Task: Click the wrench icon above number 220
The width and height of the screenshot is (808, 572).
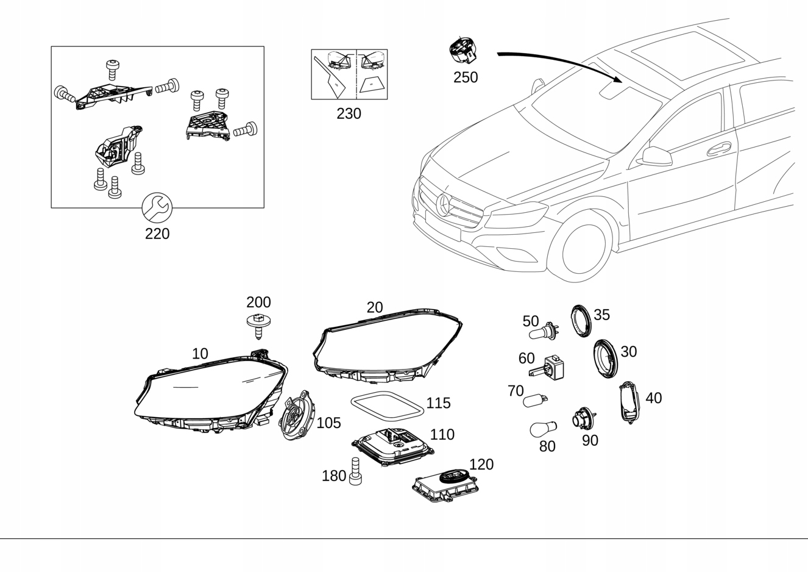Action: pyautogui.click(x=157, y=209)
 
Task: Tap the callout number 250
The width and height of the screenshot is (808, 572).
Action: pyautogui.click(x=466, y=77)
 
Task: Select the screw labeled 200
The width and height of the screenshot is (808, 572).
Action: pyautogui.click(x=259, y=323)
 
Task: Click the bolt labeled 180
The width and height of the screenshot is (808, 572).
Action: pyautogui.click(x=356, y=471)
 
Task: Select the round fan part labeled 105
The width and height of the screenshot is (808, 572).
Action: pyautogui.click(x=297, y=416)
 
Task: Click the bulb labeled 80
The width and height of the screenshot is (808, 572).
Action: pyautogui.click(x=543, y=429)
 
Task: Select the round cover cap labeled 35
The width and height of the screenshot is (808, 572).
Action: pyautogui.click(x=581, y=321)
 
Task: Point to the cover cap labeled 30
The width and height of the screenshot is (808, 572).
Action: pyautogui.click(x=606, y=359)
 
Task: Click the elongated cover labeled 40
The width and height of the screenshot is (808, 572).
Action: pyautogui.click(x=629, y=402)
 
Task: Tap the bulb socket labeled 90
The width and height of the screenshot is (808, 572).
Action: pyautogui.click(x=584, y=419)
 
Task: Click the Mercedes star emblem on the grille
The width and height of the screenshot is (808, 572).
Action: pyautogui.click(x=444, y=205)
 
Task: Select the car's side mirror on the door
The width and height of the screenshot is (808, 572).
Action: pyautogui.click(x=656, y=157)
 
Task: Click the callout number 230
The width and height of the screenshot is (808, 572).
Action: pyautogui.click(x=349, y=113)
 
